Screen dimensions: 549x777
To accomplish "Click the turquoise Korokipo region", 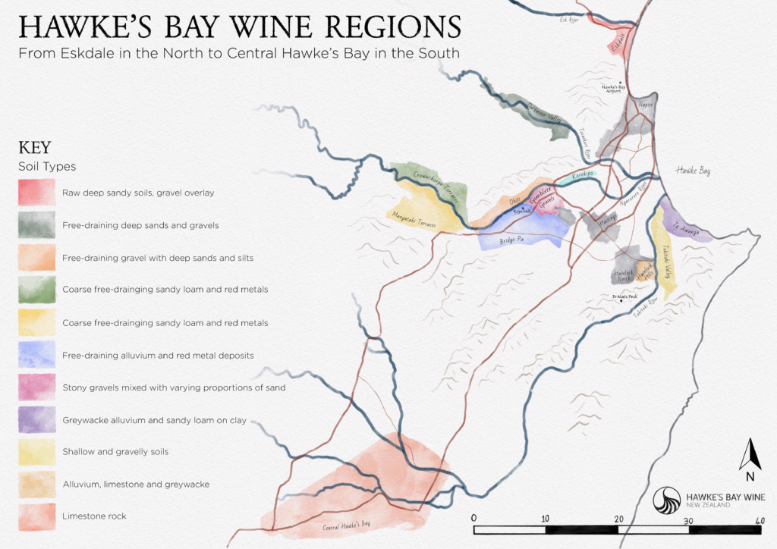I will click(x=580, y=174).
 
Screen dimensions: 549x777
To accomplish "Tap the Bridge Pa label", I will click(x=512, y=243).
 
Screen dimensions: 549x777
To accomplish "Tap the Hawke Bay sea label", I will click(x=694, y=171).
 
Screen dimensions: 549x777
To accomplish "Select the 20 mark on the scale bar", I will click(x=619, y=518).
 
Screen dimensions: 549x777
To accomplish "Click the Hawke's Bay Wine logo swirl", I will click(x=668, y=501).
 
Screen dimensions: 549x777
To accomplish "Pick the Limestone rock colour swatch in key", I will click(x=36, y=516).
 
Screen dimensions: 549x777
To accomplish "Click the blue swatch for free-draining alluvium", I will click(x=36, y=355).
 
